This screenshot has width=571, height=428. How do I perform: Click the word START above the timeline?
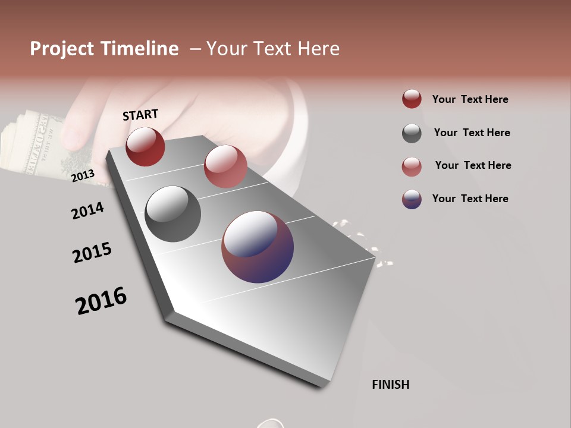pyautogui.click(x=140, y=115)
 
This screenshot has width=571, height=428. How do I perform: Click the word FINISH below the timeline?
pyautogui.click(x=391, y=385)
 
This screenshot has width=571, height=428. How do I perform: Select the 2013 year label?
pyautogui.click(x=83, y=176)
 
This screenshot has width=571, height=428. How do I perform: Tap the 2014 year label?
pyautogui.click(x=87, y=210)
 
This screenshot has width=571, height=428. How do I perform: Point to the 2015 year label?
pyautogui.click(x=92, y=252)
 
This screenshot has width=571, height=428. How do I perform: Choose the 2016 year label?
pyautogui.click(x=101, y=301)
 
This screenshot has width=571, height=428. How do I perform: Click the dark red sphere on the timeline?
pyautogui.click(x=145, y=146)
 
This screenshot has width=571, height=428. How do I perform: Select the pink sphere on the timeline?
pyautogui.click(x=225, y=166)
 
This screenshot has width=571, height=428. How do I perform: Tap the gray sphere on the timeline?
pyautogui.click(x=172, y=214)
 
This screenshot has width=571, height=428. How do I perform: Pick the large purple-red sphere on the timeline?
pyautogui.click(x=258, y=247)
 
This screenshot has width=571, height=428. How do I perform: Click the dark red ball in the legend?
pyautogui.click(x=412, y=99)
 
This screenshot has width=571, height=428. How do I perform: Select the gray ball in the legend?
pyautogui.click(x=412, y=133)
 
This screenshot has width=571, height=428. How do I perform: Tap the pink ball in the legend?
pyautogui.click(x=412, y=166)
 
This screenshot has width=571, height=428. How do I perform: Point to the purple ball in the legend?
pyautogui.click(x=412, y=199)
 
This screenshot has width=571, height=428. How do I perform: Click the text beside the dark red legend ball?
pyautogui.click(x=470, y=99)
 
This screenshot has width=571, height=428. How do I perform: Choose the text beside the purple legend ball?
pyautogui.click(x=470, y=199)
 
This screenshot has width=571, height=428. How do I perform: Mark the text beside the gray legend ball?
pyautogui.click(x=472, y=133)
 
